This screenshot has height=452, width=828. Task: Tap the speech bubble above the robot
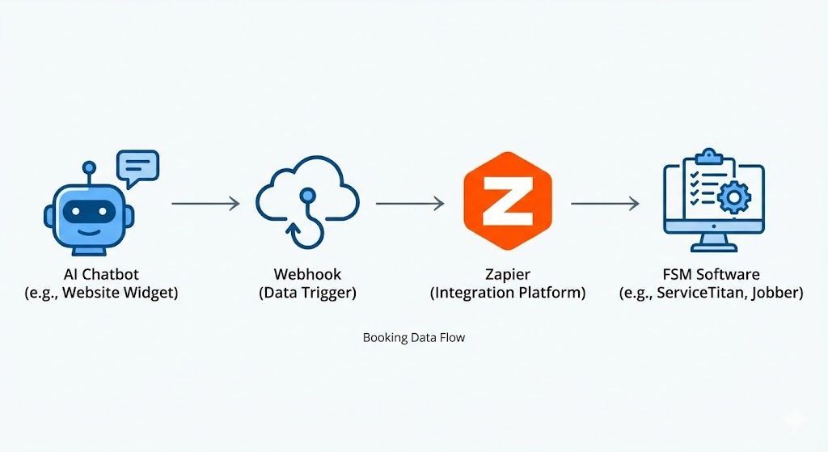click(137, 167)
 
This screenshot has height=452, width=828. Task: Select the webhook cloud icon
click(306, 202)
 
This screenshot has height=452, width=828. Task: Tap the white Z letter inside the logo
click(507, 201)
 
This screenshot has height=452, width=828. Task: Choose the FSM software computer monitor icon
click(712, 202)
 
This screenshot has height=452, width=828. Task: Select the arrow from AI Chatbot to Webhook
click(205, 203)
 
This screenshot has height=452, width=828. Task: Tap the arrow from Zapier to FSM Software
click(605, 203)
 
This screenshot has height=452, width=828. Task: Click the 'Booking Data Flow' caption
click(414, 337)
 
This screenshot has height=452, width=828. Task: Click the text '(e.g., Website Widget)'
click(101, 293)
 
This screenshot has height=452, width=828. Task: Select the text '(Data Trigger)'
click(307, 293)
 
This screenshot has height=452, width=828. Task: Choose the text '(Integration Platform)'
click(507, 293)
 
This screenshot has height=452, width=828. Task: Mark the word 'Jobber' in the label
click(778, 293)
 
